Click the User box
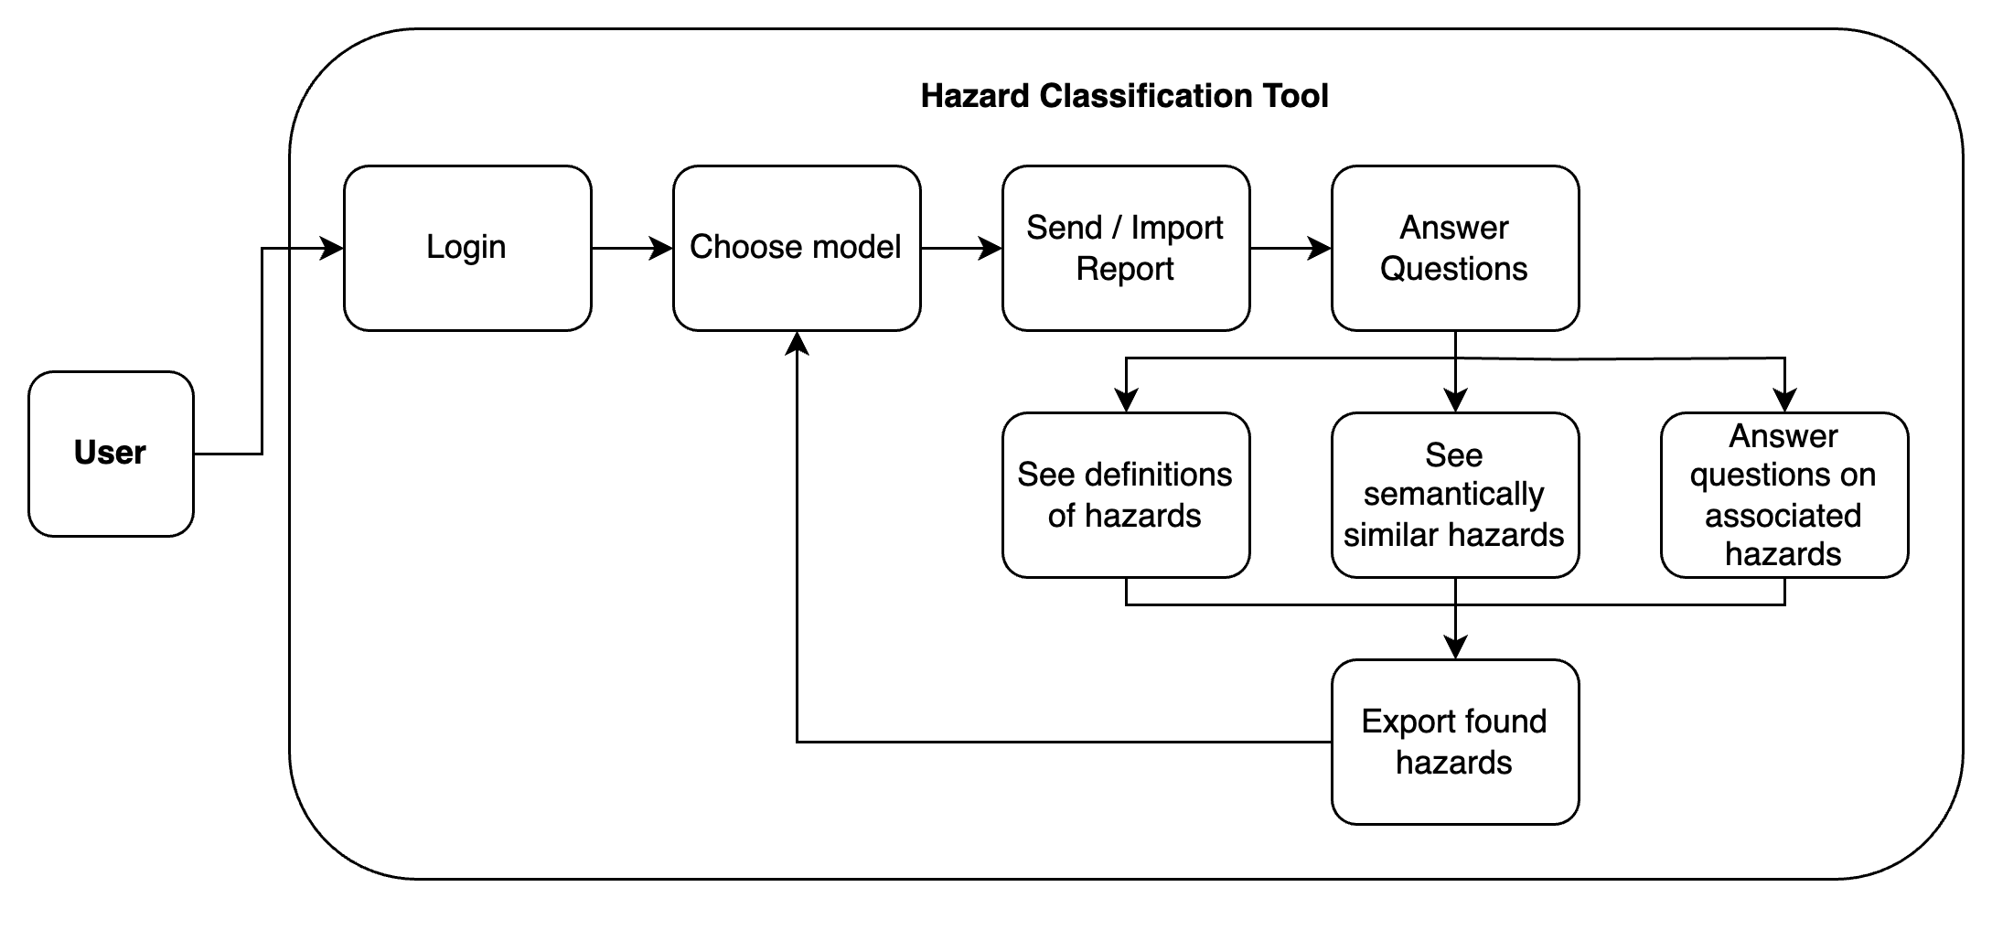tap(111, 454)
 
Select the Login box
tap(467, 248)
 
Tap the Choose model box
tap(797, 248)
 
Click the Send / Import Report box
tap(1126, 248)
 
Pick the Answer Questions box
tap(1455, 248)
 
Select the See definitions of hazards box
tap(1126, 495)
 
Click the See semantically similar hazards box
tap(1455, 495)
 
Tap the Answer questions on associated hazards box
tap(1784, 495)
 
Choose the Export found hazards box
tap(1455, 742)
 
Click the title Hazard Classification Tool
tap(1124, 96)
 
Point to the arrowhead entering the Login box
tap(333, 248)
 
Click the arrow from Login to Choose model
tap(631, 248)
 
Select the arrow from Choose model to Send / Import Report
tap(960, 248)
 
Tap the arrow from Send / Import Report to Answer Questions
tap(1290, 248)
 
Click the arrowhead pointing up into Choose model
tap(798, 343)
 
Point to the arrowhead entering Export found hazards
tap(1455, 647)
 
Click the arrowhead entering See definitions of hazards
tap(1126, 401)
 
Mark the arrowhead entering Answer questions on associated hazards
tap(1784, 401)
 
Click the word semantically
tap(1453, 495)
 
